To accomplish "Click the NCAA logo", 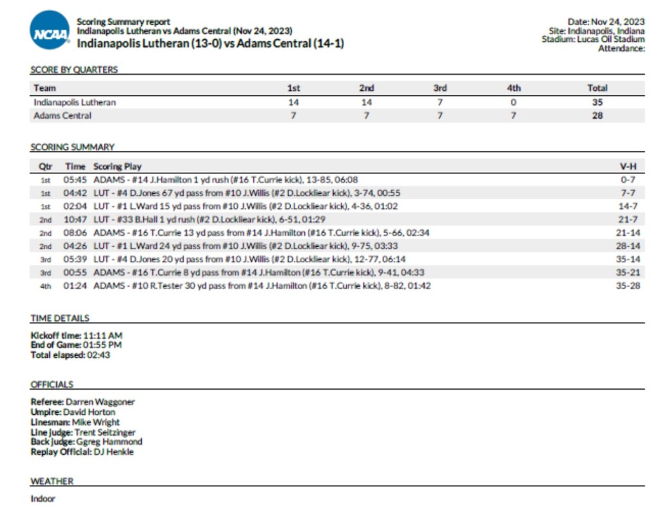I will pos(50,30).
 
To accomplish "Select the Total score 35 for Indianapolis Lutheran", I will pos(597,102).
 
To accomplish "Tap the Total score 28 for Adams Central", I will pos(597,116).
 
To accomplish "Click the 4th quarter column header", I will pos(514,88).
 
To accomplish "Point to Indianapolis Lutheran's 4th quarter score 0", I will pos(514,102).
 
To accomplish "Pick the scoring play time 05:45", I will pos(74,180).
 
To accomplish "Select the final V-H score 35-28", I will pos(628,285).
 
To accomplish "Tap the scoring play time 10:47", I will pos(74,220).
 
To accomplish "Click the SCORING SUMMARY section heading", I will pos(72,147).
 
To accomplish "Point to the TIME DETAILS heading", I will pos(60,318).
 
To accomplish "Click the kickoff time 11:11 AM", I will pos(102,336).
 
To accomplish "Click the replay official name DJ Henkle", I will pos(113,452).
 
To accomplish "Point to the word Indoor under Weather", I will pos(43,499).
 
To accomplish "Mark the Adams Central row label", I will pos(63,116).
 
